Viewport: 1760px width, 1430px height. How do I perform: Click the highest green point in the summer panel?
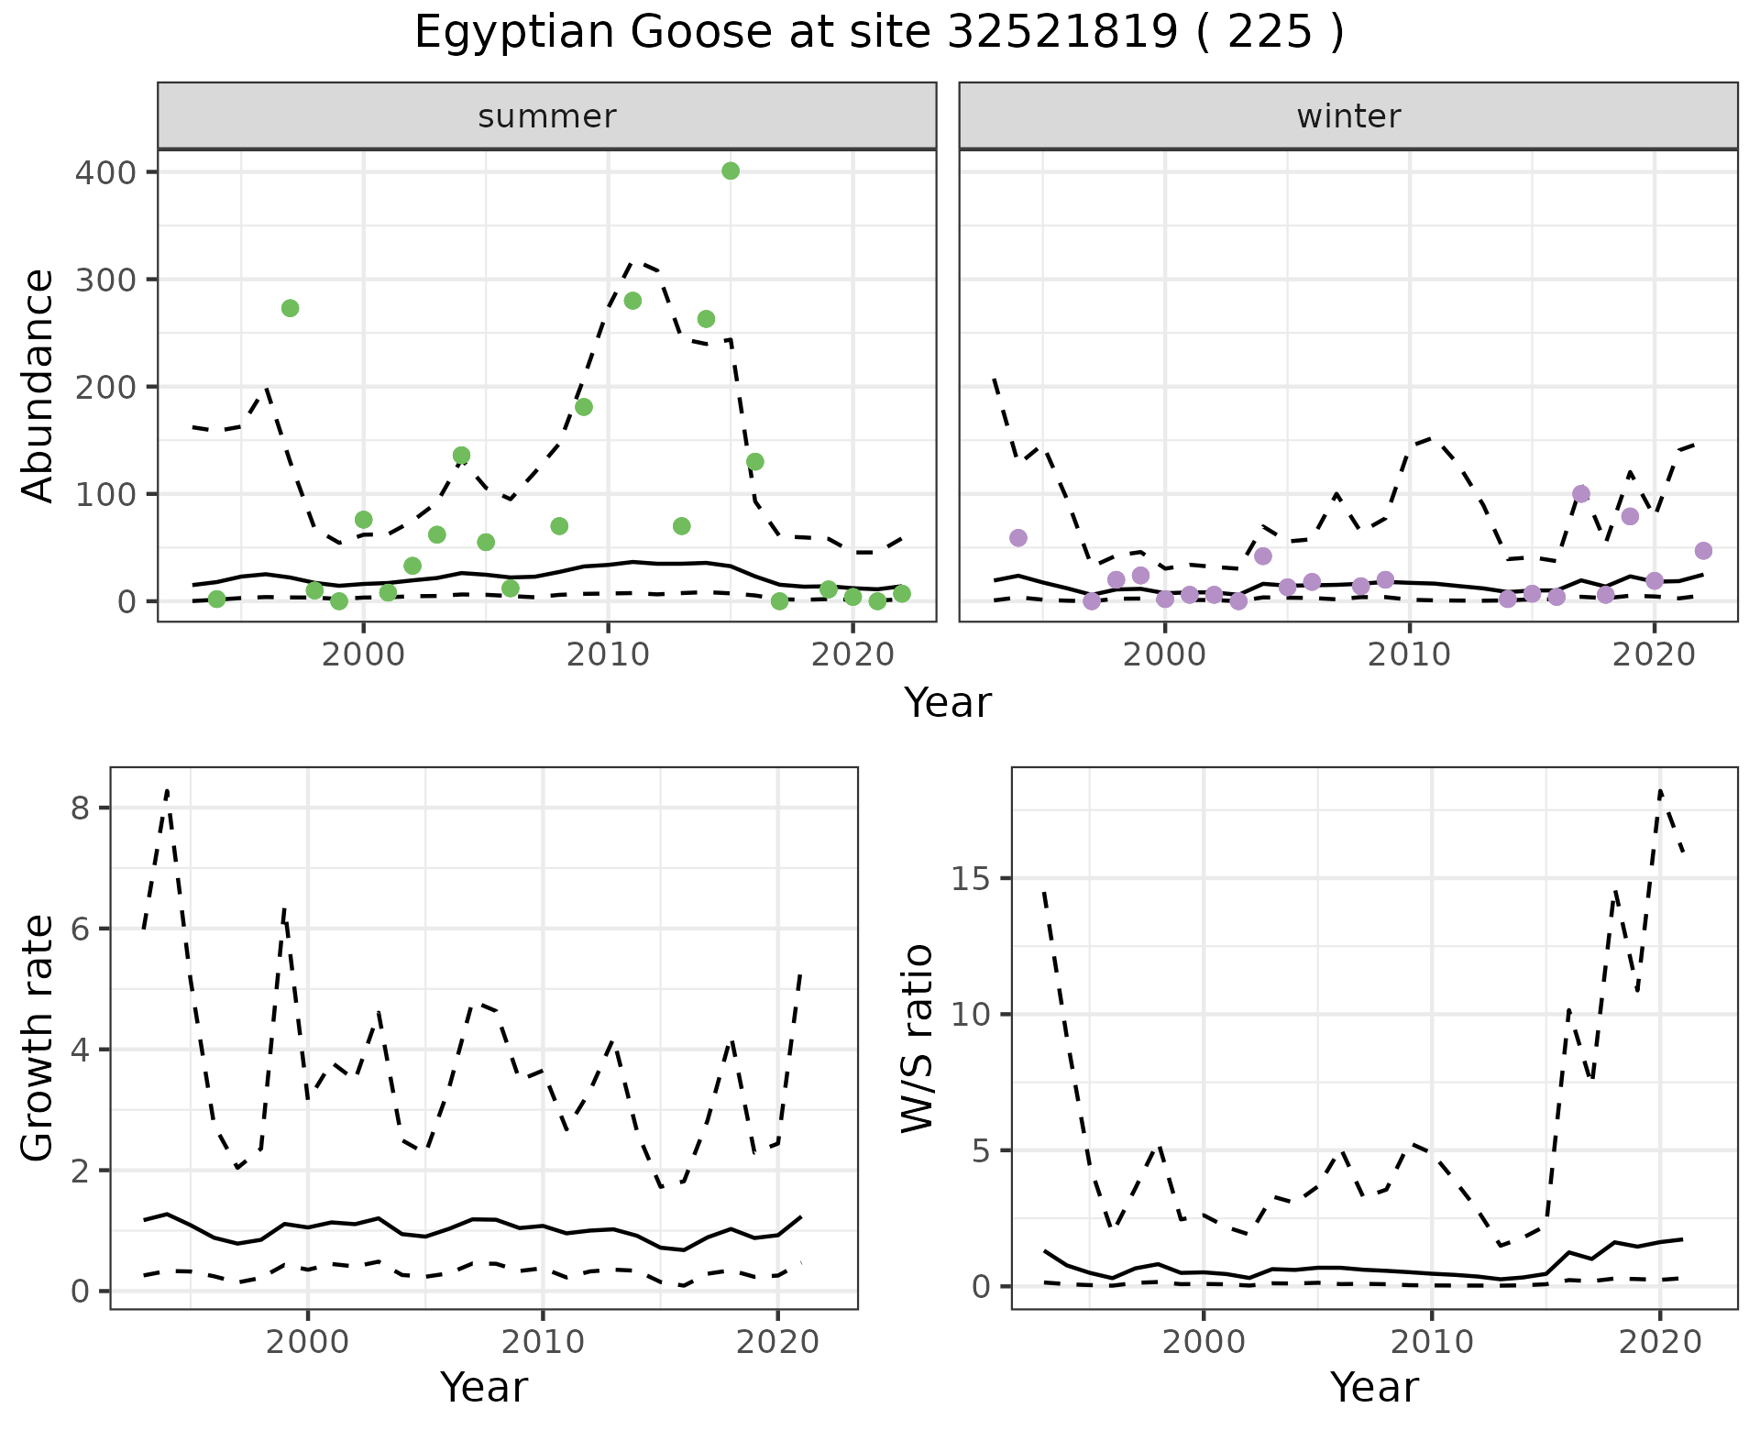pyautogui.click(x=731, y=170)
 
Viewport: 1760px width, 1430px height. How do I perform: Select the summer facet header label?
pyautogui.click(x=547, y=116)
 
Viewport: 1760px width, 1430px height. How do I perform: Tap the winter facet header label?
pyautogui.click(x=1348, y=116)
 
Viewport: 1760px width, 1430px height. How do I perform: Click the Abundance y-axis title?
pyautogui.click(x=38, y=386)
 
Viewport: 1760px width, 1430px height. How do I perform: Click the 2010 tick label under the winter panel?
pyautogui.click(x=1410, y=654)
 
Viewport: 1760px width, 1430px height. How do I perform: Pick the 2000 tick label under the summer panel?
pyautogui.click(x=363, y=654)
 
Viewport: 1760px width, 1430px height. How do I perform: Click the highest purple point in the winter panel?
pyautogui.click(x=1581, y=494)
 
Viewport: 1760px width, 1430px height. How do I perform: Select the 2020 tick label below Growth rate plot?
pyautogui.click(x=777, y=1342)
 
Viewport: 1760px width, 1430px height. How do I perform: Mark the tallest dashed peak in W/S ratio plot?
pyautogui.click(x=1660, y=790)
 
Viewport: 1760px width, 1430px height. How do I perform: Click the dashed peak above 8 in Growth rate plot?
pyautogui.click(x=168, y=790)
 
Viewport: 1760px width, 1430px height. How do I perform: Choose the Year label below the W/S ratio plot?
pyautogui.click(x=1374, y=1387)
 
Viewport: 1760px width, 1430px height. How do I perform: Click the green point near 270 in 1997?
pyautogui.click(x=290, y=308)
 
